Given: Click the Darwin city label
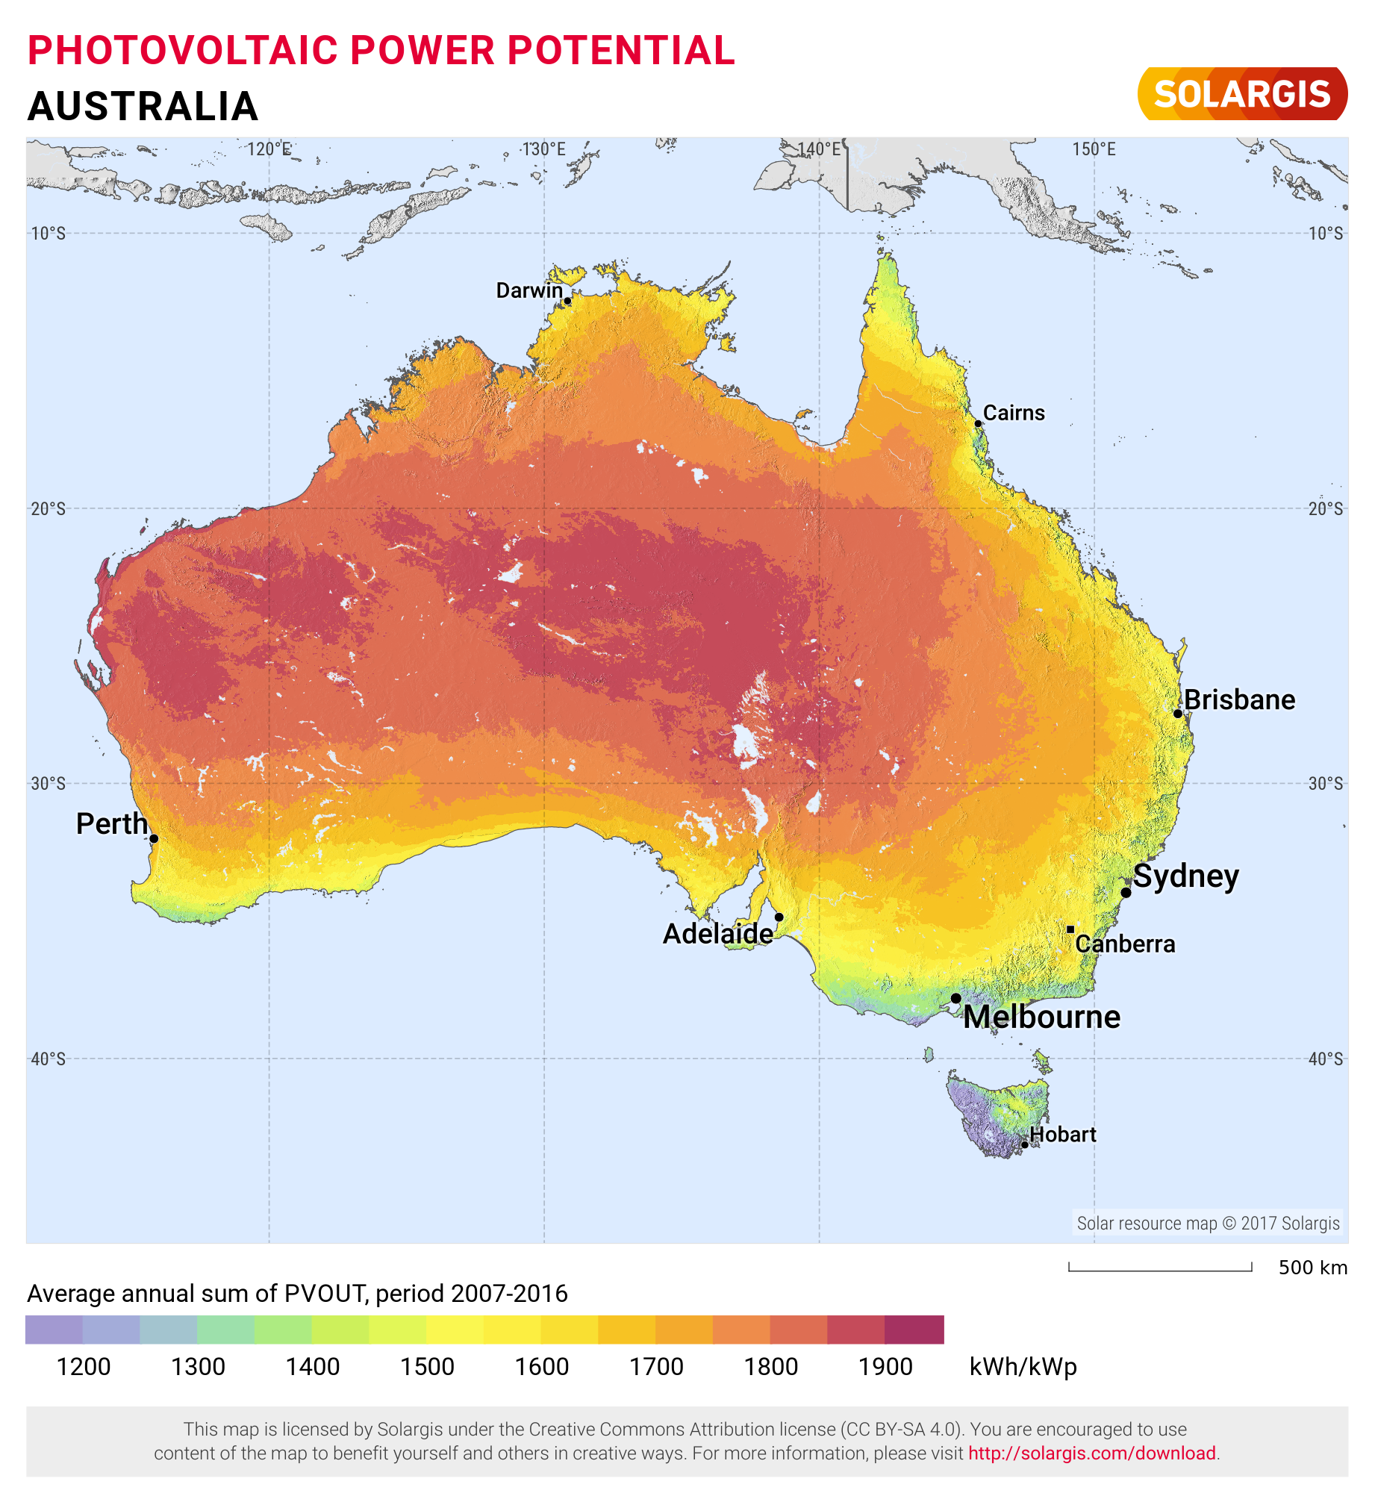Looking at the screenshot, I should tap(529, 290).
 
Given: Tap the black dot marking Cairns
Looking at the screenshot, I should tap(978, 423).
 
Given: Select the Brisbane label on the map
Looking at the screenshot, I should tap(1239, 700).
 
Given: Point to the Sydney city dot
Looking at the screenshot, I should tap(1126, 892).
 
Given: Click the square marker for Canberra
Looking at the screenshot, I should tap(1070, 929).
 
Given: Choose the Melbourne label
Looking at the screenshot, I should tap(1041, 1017).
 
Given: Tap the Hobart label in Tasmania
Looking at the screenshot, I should tap(1062, 1135).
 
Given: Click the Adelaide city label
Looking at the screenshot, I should tap(718, 934).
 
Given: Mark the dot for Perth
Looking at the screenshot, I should tap(154, 838).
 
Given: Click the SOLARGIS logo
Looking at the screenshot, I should tap(1242, 94).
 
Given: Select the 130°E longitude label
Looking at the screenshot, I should tap(543, 149).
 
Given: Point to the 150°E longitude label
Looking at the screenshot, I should tap(1094, 149).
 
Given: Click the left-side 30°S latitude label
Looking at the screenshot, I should tap(49, 783).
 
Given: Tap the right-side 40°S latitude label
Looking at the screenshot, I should tap(1325, 1059).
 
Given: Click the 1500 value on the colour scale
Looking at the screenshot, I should tap(427, 1367).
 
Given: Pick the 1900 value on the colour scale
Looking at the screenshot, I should tap(885, 1367).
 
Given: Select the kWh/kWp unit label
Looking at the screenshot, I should tap(1023, 1367).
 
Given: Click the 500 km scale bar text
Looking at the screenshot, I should tap(1312, 1268).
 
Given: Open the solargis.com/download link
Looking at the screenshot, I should tap(1092, 1453).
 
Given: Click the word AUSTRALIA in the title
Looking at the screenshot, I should tap(143, 106).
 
